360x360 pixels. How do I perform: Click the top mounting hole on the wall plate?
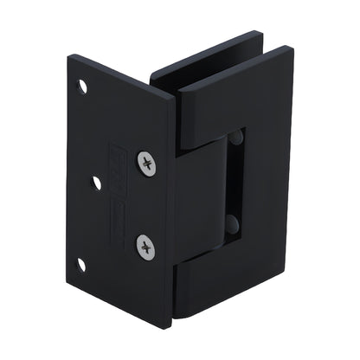click(x=84, y=87)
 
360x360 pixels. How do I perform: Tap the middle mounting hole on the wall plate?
click(x=96, y=183)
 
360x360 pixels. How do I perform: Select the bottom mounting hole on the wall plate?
click(x=82, y=265)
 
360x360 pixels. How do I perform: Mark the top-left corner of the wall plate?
click(x=70, y=56)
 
